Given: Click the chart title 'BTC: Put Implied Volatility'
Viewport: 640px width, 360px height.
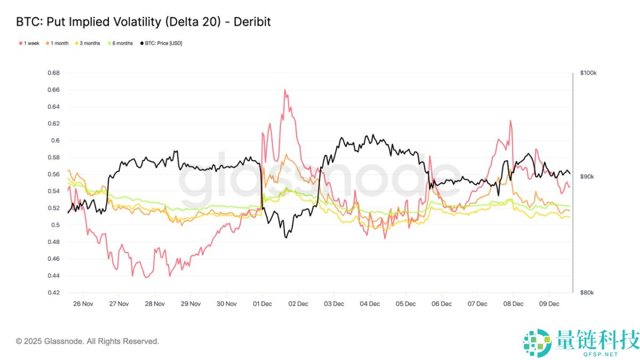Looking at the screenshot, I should (x=143, y=22).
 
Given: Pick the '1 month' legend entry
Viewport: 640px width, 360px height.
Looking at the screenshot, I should (x=59, y=43).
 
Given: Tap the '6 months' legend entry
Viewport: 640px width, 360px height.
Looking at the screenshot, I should (x=122, y=43).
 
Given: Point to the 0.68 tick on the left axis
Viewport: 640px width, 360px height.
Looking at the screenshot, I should (x=54, y=73).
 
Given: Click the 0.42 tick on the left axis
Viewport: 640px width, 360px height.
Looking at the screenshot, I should (x=54, y=293).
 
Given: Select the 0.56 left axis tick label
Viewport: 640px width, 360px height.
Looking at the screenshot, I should (x=54, y=174).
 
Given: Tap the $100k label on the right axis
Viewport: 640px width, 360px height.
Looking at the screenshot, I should (x=588, y=73).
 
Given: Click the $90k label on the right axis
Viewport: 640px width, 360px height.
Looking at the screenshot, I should (x=587, y=177).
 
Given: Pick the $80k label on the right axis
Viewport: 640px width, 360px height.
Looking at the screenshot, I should (x=587, y=293).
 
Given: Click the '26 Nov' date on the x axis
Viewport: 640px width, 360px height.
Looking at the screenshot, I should (x=83, y=304).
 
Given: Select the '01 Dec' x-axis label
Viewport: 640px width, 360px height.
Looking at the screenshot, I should (x=262, y=304).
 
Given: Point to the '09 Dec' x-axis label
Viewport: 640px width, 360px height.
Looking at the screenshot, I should (x=549, y=304).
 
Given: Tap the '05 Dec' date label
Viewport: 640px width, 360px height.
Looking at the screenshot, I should (x=405, y=304).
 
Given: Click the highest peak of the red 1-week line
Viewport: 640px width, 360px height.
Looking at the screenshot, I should (x=285, y=90).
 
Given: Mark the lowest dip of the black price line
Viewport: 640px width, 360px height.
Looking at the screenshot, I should (x=286, y=237).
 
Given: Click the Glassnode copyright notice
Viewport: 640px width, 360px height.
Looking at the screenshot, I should (x=87, y=341).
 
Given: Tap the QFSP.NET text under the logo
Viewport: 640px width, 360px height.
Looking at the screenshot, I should (x=601, y=354).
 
